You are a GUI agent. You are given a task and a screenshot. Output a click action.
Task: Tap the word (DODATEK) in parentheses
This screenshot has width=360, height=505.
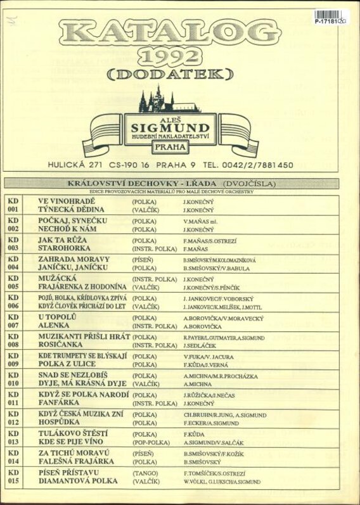point(173,75)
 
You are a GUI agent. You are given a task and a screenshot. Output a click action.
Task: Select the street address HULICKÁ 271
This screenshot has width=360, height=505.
point(75,165)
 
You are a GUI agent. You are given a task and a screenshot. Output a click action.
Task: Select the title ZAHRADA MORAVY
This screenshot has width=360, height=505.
point(74,259)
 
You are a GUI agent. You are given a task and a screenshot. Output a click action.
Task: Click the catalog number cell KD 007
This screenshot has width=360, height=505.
point(14,322)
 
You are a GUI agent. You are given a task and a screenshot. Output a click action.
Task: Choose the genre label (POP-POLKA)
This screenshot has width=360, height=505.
point(150,443)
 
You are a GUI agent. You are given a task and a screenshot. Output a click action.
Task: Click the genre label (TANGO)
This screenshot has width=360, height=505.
point(145,473)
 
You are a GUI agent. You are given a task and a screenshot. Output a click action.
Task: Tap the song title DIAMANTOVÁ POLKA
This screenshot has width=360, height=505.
point(78,482)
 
